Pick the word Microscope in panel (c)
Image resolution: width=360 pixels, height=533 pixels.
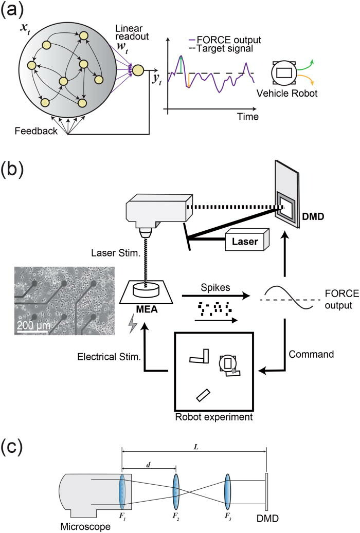(x=82, y=526)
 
